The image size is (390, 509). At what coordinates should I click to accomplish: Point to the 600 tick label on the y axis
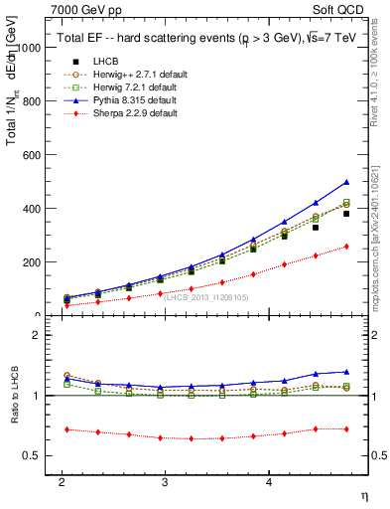(x=32, y=155)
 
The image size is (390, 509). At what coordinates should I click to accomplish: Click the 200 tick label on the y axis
(x=32, y=262)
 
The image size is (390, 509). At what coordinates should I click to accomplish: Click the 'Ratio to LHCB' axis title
(x=13, y=396)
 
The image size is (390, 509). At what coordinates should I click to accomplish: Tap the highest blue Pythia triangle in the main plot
(x=346, y=182)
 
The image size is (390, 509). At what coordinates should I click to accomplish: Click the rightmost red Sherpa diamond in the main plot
(x=346, y=246)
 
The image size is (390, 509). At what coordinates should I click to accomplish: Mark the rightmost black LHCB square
(x=346, y=213)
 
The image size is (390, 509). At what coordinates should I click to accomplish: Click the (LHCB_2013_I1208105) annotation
(x=203, y=296)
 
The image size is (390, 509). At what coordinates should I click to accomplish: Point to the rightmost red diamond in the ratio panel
(x=346, y=428)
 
